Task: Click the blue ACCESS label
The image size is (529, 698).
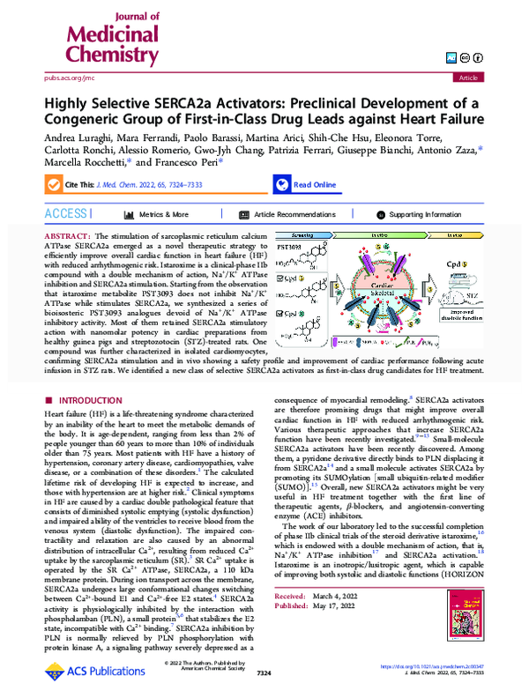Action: [x=68, y=214]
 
